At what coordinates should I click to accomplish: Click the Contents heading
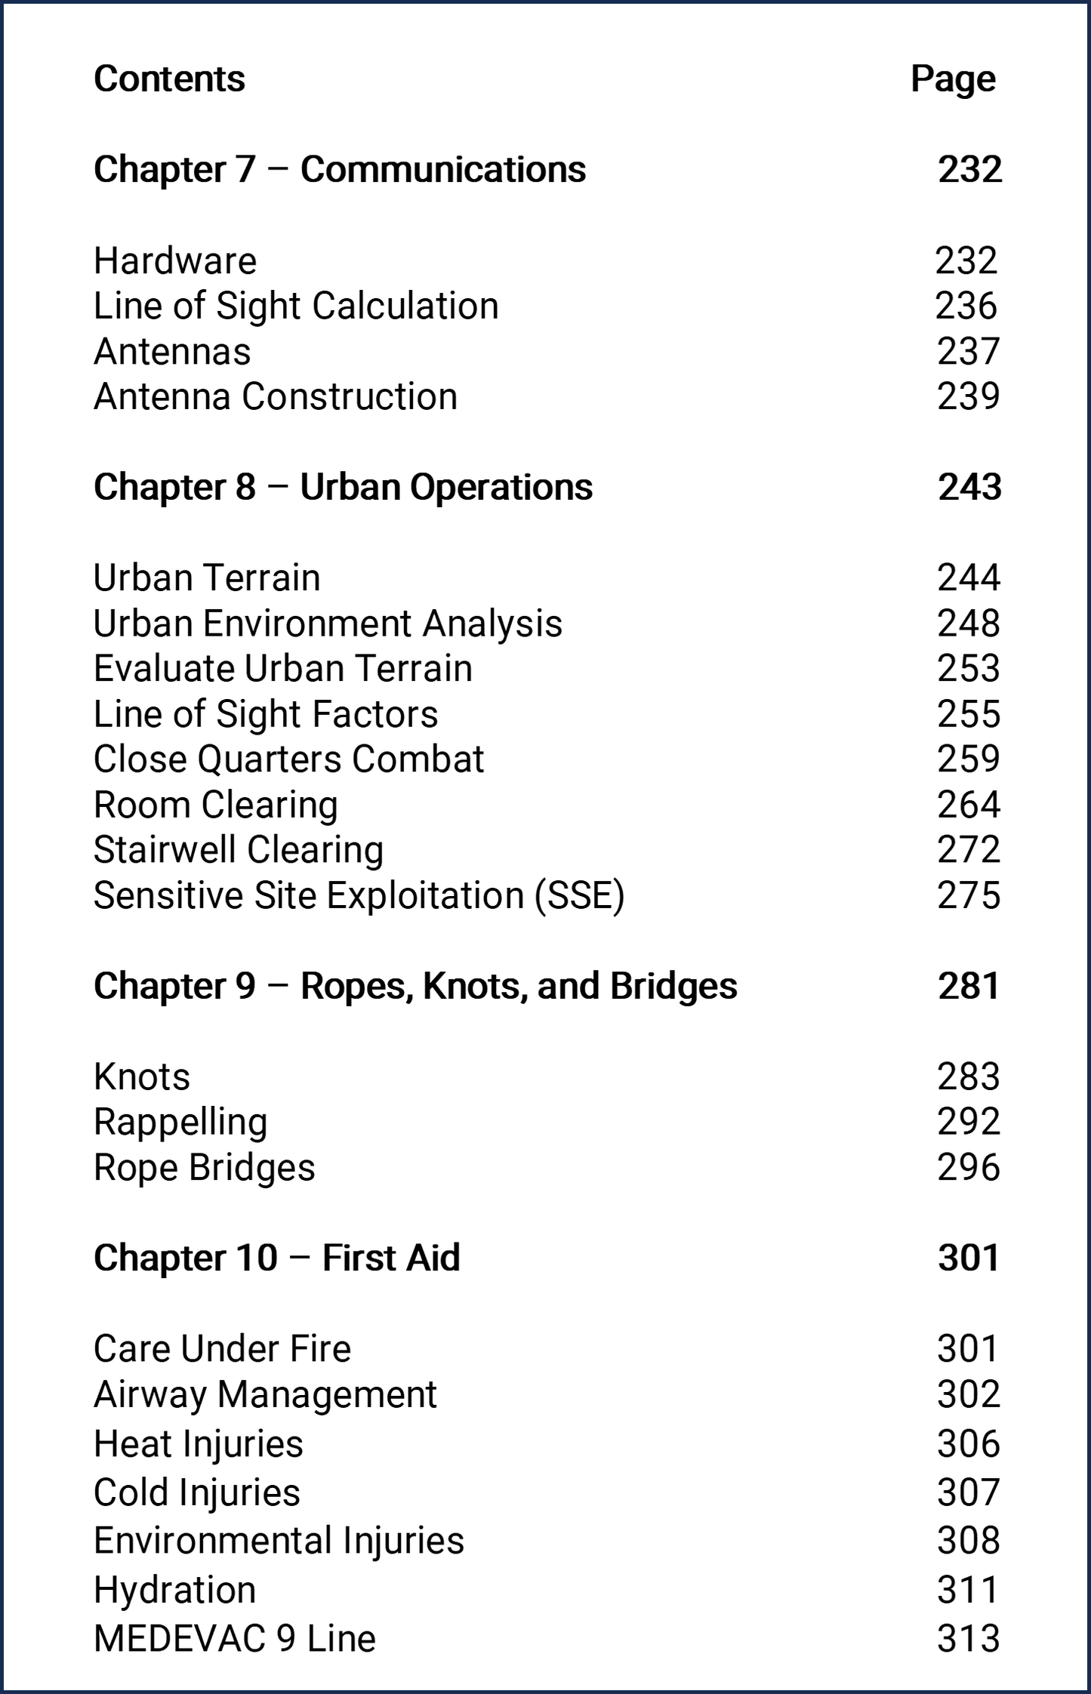tap(169, 79)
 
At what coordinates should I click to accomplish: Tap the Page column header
tap(953, 79)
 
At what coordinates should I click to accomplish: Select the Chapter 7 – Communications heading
tap(339, 169)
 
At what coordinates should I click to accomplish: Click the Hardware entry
tap(175, 261)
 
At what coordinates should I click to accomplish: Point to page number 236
tap(966, 306)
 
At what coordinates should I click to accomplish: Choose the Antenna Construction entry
tap(276, 397)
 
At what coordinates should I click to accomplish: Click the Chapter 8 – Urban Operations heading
tap(343, 487)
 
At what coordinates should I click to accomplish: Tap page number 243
tap(969, 487)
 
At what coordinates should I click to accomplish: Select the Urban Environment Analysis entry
tap(328, 624)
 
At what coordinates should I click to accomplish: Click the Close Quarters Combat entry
tap(288, 759)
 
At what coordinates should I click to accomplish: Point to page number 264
tap(969, 805)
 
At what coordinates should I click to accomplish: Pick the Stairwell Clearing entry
tap(239, 850)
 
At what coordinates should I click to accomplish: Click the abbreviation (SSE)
tap(579, 896)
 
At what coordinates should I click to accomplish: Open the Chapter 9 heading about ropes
tap(415, 986)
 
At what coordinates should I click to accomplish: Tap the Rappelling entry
tap(180, 1122)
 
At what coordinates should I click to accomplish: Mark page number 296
tap(969, 1167)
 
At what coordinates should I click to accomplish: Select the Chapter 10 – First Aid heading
tap(276, 1258)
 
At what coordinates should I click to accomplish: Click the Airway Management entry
tap(265, 1394)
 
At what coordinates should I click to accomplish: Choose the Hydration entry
tap(175, 1590)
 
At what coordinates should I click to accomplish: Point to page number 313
tap(969, 1639)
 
